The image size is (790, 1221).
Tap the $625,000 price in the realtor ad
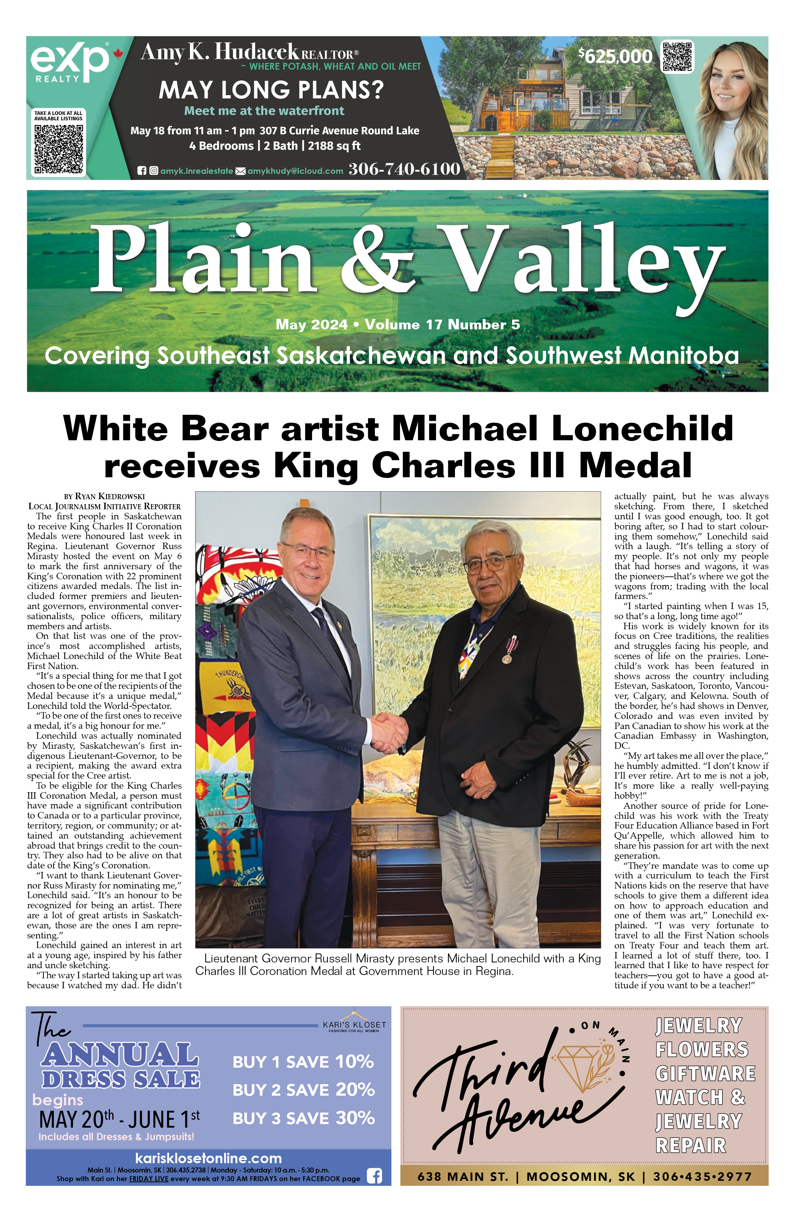coord(615,56)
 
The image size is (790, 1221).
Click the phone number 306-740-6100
coord(404,169)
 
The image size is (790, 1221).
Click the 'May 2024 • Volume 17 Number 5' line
coord(398,325)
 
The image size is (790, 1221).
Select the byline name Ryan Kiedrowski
coord(110,496)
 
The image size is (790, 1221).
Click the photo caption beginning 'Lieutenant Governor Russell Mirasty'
coord(398,965)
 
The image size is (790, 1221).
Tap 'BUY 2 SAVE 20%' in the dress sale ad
coord(304,1089)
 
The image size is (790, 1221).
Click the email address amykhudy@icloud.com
coord(295,171)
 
